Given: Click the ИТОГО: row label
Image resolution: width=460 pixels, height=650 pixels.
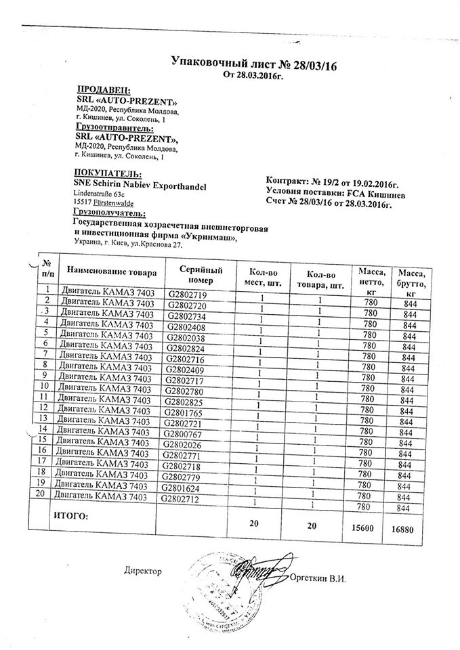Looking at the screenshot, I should (x=70, y=517).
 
